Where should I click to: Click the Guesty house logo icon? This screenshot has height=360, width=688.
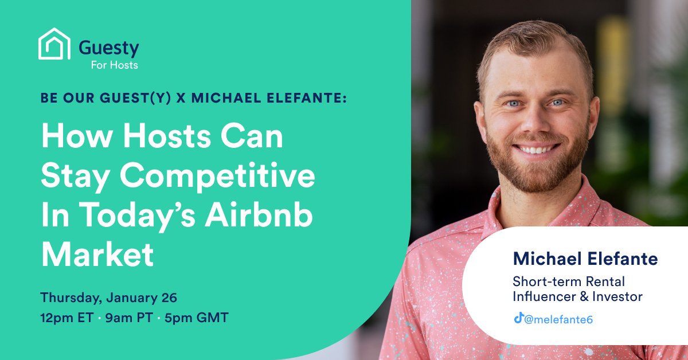54,44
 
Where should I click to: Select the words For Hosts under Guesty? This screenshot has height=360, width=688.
115,65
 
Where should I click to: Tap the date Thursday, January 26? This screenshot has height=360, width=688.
109,298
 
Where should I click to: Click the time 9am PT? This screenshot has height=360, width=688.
129,318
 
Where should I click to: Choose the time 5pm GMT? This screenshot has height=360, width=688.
196,318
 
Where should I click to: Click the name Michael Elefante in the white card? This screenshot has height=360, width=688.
585,259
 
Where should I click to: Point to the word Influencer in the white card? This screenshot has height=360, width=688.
544,296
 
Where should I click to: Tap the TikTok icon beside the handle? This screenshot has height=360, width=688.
518,318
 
